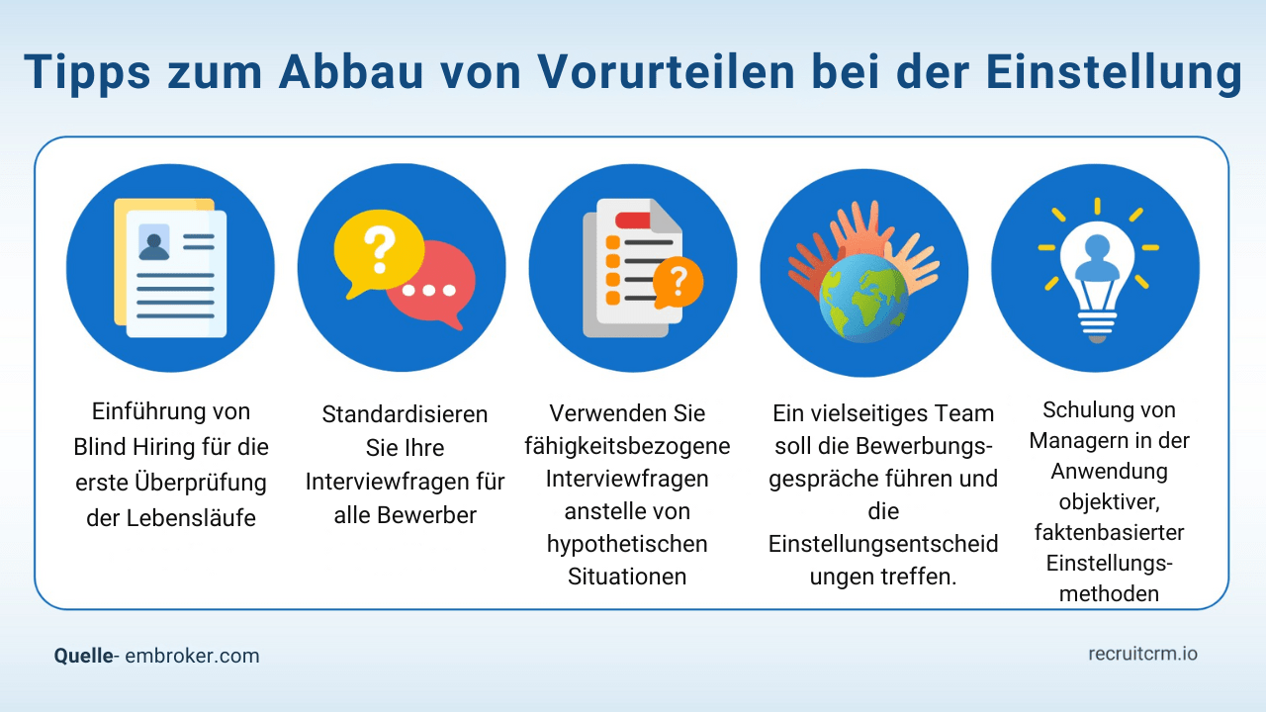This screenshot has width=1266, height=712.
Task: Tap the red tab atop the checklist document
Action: coord(629,220)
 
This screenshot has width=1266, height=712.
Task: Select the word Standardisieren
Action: coord(405,413)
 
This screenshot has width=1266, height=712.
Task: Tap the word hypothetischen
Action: coord(627,543)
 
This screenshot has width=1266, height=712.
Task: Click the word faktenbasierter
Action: coord(1110,532)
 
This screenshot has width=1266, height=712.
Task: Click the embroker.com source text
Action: coord(192,656)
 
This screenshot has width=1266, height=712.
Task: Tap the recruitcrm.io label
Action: coord(1142,654)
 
